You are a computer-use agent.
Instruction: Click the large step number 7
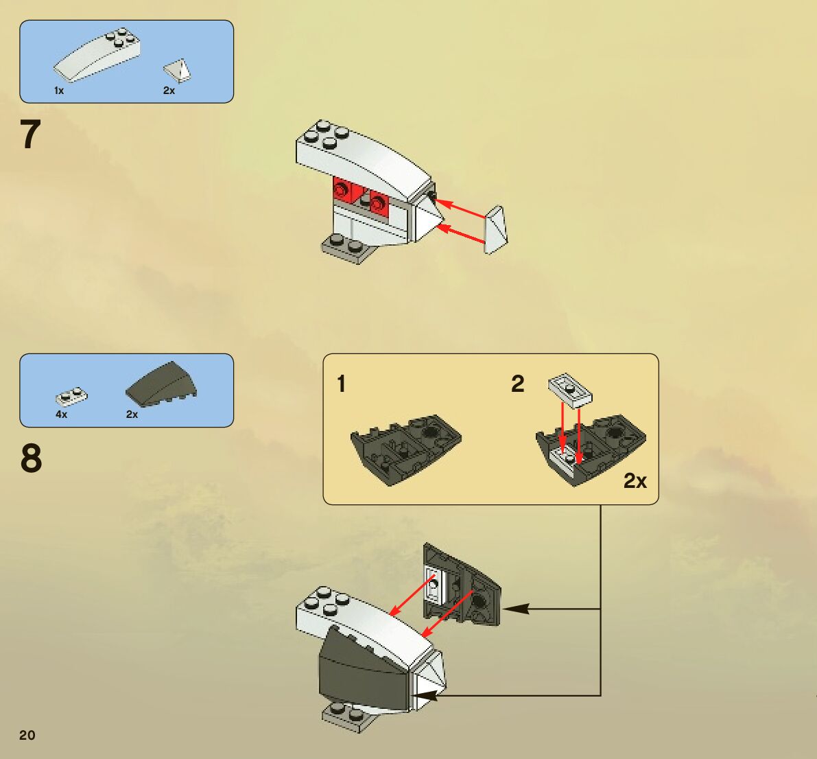pyautogui.click(x=31, y=135)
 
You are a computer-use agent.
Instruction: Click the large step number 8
pyautogui.click(x=31, y=458)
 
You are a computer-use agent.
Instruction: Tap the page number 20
pyautogui.click(x=27, y=735)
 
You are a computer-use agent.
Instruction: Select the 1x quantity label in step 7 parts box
pyautogui.click(x=59, y=91)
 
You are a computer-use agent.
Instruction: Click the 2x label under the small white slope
pyautogui.click(x=169, y=91)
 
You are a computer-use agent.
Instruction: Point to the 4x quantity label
pyautogui.click(x=62, y=414)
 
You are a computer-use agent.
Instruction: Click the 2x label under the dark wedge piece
pyautogui.click(x=132, y=414)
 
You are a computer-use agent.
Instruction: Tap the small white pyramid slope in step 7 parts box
pyautogui.click(x=178, y=69)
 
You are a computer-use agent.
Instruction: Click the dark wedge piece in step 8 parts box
pyautogui.click(x=162, y=384)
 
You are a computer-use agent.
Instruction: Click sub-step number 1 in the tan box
pyautogui.click(x=341, y=384)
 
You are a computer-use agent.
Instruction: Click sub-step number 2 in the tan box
pyautogui.click(x=517, y=384)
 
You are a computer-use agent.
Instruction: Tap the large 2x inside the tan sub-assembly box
pyautogui.click(x=635, y=481)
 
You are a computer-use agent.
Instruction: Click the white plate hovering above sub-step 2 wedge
pyautogui.click(x=570, y=388)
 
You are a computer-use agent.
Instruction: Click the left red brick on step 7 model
pyautogui.click(x=342, y=192)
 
